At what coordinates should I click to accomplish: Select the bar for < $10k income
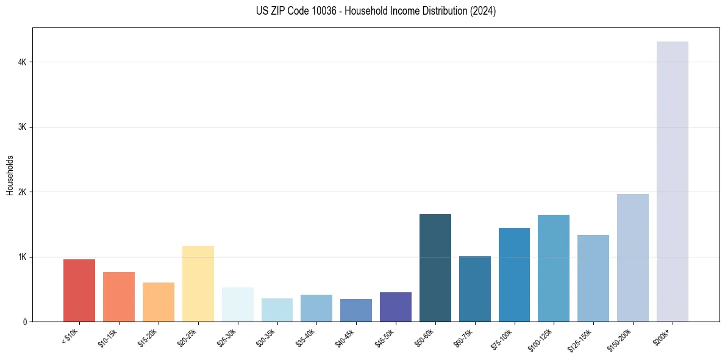[x=79, y=290]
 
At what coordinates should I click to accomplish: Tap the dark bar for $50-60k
[x=435, y=268]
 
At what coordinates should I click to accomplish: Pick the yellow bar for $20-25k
[x=198, y=284]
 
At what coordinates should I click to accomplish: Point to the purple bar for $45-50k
[x=396, y=307]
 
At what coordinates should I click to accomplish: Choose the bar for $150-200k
[x=632, y=257]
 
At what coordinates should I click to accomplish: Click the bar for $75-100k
[x=514, y=275]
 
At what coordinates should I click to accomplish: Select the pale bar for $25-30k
[x=237, y=304]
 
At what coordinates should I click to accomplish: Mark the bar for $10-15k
[x=119, y=297]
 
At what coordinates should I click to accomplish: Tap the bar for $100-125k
[x=554, y=268]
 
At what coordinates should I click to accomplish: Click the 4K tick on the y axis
[x=22, y=62]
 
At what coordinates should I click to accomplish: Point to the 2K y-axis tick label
[x=22, y=192]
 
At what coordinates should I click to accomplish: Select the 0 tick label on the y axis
[x=25, y=322]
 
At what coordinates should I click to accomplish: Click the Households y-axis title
[x=10, y=175]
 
